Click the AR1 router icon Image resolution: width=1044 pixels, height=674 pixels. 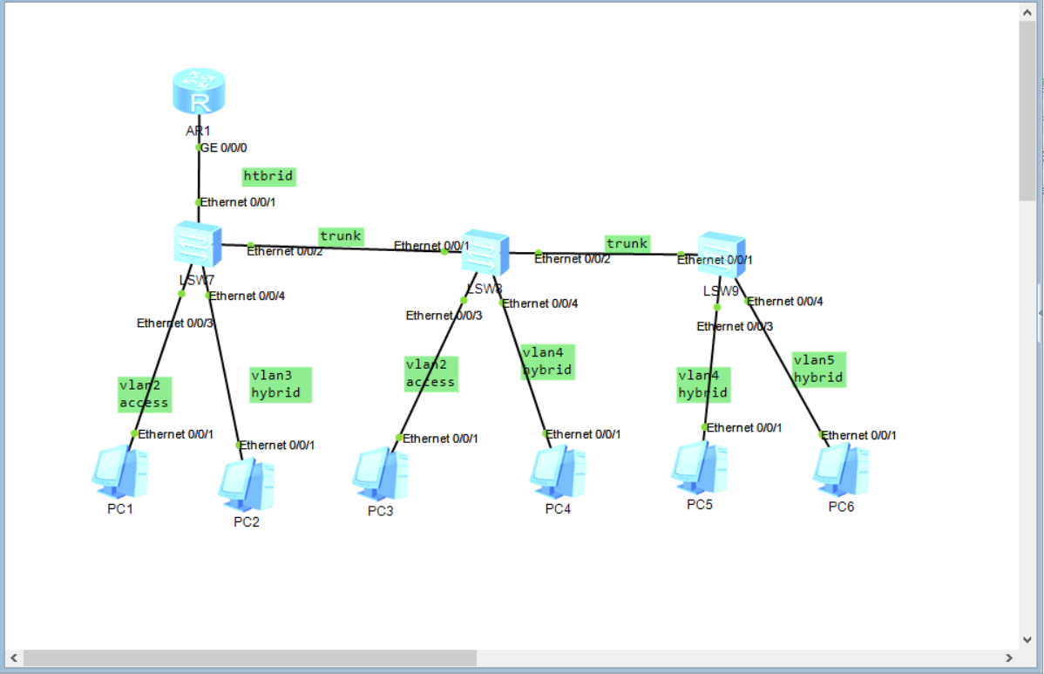[200, 93]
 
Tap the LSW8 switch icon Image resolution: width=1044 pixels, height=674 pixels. [485, 253]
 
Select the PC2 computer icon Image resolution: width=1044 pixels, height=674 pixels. [246, 485]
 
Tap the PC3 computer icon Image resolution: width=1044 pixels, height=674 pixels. [380, 474]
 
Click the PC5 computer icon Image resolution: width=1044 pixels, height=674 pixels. [699, 468]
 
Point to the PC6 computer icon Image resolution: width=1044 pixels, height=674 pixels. [841, 471]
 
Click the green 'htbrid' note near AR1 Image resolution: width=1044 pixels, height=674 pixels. [268, 176]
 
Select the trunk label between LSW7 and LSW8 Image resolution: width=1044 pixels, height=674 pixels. [340, 235]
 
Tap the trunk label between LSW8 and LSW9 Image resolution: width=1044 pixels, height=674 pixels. [627, 243]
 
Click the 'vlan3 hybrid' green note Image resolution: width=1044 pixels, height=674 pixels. [280, 385]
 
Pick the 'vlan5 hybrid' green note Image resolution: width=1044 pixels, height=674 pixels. [819, 369]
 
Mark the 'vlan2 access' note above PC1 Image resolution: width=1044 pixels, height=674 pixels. [144, 393]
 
